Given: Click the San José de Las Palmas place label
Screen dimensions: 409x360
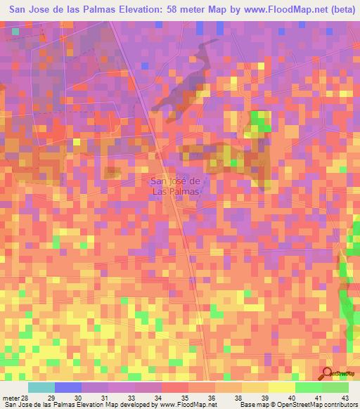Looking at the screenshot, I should (176, 185).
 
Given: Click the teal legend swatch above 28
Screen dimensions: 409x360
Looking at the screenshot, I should (41, 387).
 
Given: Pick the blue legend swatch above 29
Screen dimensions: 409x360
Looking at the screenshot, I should (68, 387).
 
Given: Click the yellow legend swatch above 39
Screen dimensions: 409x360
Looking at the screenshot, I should (255, 387).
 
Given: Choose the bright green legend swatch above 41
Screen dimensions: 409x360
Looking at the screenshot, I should (308, 387).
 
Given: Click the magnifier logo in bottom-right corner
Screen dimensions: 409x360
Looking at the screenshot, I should (327, 373).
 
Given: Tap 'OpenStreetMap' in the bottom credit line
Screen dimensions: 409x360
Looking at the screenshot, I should (303, 405).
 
